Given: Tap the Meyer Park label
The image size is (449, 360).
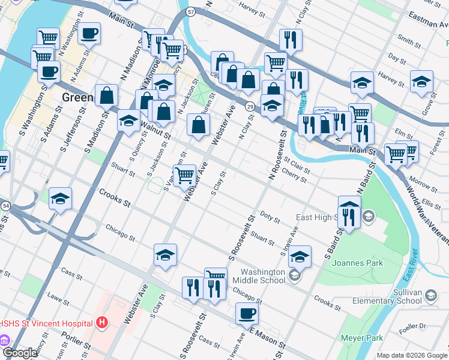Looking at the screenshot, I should click(x=362, y=338).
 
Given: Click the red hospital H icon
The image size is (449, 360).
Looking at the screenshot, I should click(x=102, y=323).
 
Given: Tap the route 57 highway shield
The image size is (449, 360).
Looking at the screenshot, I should click(x=190, y=11).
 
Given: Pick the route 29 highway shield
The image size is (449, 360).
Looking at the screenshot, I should click(x=250, y=106).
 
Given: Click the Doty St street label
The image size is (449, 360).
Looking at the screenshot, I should click(x=270, y=217).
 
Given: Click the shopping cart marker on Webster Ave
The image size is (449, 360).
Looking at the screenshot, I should click(x=184, y=175).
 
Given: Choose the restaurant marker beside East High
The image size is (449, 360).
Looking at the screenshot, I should click(x=349, y=215).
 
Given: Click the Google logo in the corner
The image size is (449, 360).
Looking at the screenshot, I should click(x=19, y=353).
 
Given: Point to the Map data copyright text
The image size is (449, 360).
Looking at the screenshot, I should click(x=412, y=355).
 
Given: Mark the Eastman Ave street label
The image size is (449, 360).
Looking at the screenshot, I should click(x=427, y=20).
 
